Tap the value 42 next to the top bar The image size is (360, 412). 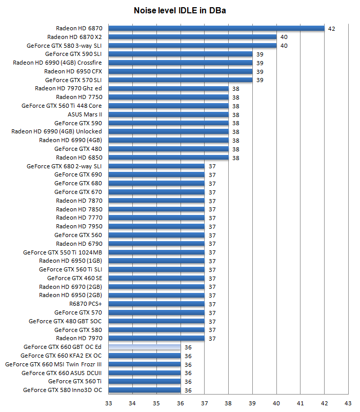click(331, 29)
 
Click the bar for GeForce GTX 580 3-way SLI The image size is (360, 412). click(192, 46)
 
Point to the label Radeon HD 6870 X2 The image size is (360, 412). click(74, 37)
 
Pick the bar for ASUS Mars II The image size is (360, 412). click(168, 114)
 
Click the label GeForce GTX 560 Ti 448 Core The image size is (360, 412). click(62, 106)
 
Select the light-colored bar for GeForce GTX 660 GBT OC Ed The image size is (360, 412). click(144, 347)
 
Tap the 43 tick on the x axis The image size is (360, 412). click(348, 403)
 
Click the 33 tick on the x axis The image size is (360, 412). click(108, 403)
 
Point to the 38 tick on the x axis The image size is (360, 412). click(228, 403)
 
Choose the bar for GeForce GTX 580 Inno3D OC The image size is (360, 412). click(144, 390)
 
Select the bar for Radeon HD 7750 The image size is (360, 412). click(168, 97)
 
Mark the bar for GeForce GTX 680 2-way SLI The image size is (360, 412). click(156, 166)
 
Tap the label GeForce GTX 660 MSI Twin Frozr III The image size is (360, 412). click(53, 364)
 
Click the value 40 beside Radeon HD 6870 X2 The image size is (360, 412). click(284, 37)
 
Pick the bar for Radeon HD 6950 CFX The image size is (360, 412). click(181, 71)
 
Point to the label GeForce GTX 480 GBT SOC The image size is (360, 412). click(65, 321)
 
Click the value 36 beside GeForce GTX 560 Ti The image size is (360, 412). click(188, 382)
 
